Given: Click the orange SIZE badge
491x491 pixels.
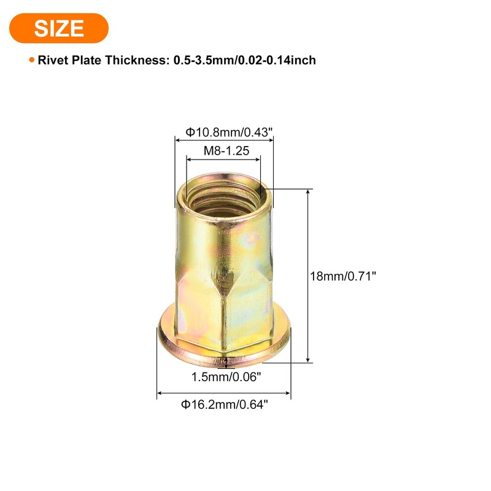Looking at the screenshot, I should coord(59,28).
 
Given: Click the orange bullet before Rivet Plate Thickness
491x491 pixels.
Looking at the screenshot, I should coord(31,60).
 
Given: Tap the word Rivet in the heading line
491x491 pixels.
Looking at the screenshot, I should coord(52,60).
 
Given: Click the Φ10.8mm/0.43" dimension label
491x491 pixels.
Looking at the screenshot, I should coord(224,132).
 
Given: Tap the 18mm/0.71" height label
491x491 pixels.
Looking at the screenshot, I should coord(342,276).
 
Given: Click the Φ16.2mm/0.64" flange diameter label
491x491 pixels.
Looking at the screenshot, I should coord(224,404).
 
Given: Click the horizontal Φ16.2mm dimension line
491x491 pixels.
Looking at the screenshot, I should coord(224,393).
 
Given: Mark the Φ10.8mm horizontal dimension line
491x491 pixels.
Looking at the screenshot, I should coord(224,141).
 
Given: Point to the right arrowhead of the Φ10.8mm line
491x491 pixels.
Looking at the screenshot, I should coord(271,141).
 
